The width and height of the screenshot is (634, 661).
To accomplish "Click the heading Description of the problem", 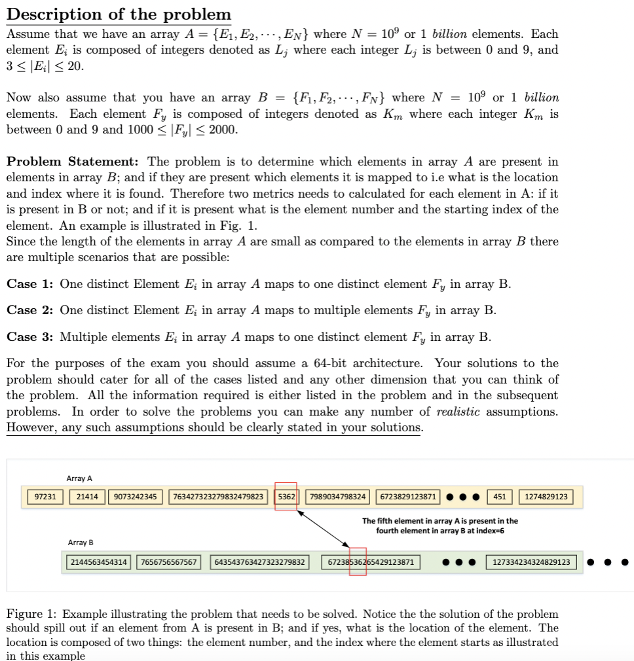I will [119, 14].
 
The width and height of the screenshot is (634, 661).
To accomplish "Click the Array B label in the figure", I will [81, 543].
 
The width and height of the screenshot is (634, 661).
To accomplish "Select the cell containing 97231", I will [45, 497].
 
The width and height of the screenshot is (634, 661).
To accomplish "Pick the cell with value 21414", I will [87, 497].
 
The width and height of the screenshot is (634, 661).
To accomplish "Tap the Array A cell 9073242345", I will [135, 497].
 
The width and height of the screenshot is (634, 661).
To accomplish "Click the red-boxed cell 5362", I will [286, 497].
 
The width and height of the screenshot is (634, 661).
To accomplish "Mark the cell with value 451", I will [499, 497].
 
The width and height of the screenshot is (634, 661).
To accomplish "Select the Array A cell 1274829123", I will [546, 497].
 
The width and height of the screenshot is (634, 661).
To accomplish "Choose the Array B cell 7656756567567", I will [169, 562].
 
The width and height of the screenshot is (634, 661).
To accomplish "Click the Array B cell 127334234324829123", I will [531, 562].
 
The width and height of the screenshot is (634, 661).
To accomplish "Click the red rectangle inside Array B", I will [358, 562].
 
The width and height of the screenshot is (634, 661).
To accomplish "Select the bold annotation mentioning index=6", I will [439, 526].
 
